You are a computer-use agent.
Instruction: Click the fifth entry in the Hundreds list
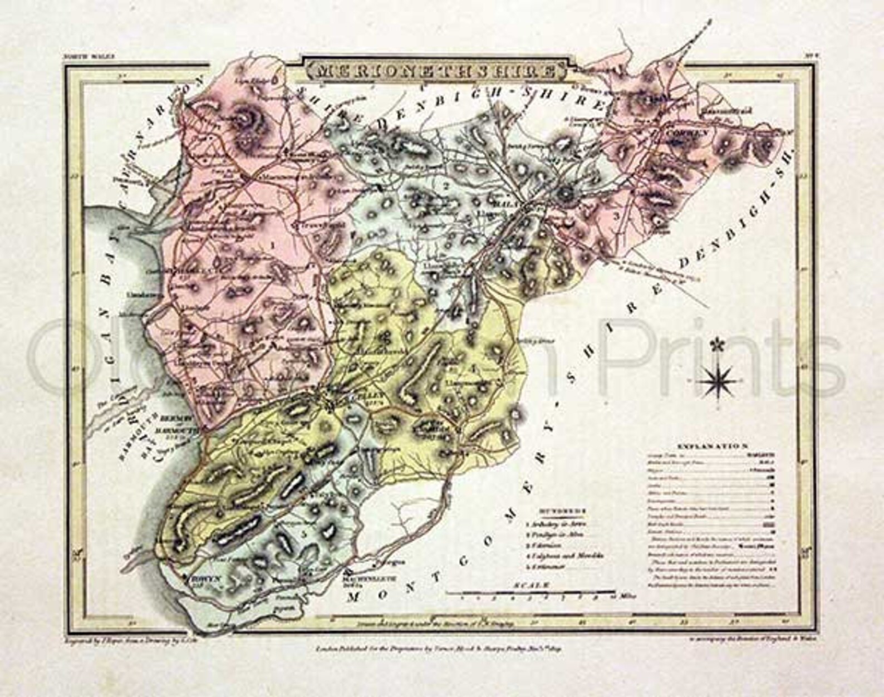coord(547,566)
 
